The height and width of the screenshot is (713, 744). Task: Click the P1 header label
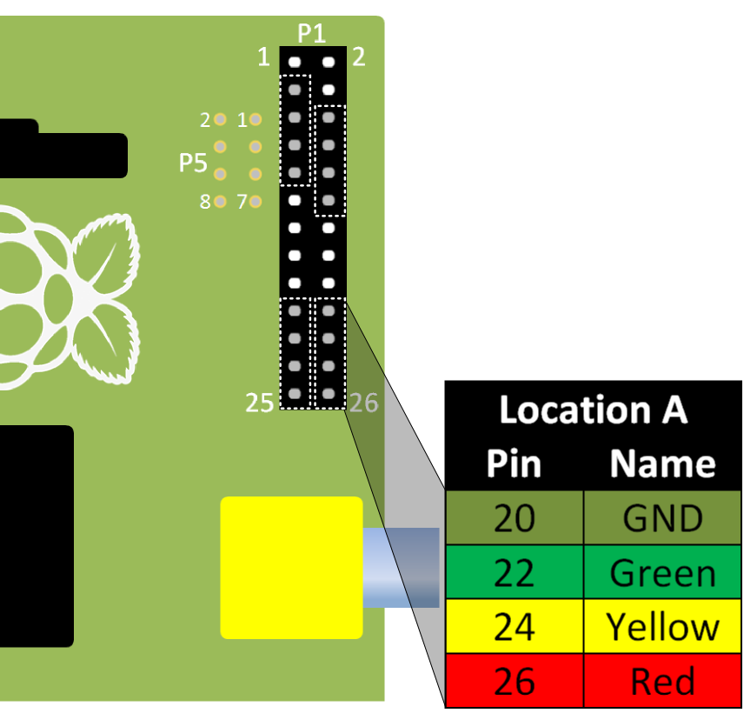pyautogui.click(x=312, y=34)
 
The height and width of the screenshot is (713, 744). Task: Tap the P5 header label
pyautogui.click(x=193, y=162)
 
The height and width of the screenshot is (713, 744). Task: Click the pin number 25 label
pyautogui.click(x=260, y=403)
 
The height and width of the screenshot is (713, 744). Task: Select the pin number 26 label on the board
pyautogui.click(x=365, y=403)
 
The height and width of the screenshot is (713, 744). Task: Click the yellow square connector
pyautogui.click(x=291, y=567)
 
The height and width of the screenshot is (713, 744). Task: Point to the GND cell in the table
pyautogui.click(x=662, y=519)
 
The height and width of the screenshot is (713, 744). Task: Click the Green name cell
pyautogui.click(x=662, y=573)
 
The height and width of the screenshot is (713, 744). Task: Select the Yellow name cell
pyautogui.click(x=662, y=627)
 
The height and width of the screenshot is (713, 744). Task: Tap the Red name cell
pyautogui.click(x=662, y=681)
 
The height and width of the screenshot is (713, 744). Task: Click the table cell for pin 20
pyautogui.click(x=514, y=519)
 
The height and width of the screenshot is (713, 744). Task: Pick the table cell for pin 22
pyautogui.click(x=514, y=573)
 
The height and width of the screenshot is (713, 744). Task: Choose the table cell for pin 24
pyautogui.click(x=514, y=627)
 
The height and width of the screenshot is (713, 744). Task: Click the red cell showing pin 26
pyautogui.click(x=514, y=681)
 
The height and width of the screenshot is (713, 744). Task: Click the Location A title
pyautogui.click(x=594, y=410)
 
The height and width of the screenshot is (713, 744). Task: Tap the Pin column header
pyautogui.click(x=514, y=463)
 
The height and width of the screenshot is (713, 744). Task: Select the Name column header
pyautogui.click(x=662, y=463)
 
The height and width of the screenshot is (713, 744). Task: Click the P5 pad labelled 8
pyautogui.click(x=221, y=202)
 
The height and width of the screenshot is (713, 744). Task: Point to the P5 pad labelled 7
pyautogui.click(x=255, y=202)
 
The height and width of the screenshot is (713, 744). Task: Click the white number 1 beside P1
pyautogui.click(x=263, y=58)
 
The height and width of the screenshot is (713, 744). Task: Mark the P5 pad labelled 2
pyautogui.click(x=221, y=119)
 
